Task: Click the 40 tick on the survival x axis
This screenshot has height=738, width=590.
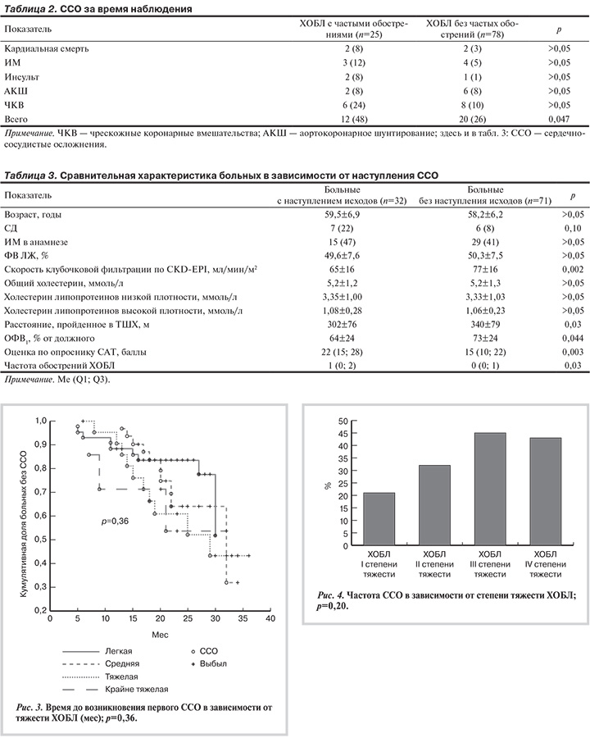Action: point(269,621)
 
